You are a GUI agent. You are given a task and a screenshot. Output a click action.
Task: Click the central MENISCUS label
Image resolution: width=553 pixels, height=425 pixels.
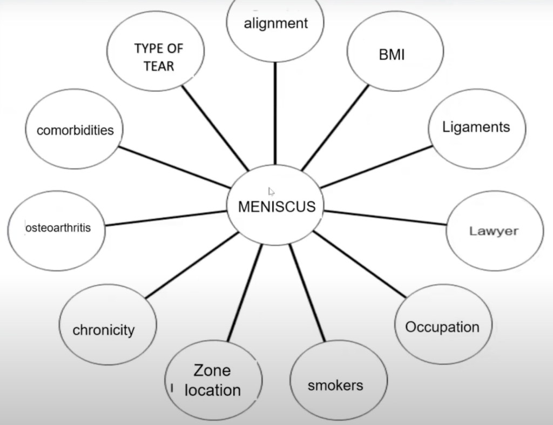[x=276, y=206]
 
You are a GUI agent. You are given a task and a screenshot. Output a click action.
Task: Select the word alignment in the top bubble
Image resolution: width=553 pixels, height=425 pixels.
[x=275, y=23]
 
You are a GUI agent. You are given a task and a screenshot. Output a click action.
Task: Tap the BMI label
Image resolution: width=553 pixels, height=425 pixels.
[x=392, y=55]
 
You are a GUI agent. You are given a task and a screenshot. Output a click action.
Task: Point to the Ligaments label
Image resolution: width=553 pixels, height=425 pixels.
[x=476, y=127]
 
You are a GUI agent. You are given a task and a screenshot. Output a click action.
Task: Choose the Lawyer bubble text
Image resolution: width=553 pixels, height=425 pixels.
[x=494, y=231]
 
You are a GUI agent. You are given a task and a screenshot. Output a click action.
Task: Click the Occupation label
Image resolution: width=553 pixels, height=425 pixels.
[x=442, y=327]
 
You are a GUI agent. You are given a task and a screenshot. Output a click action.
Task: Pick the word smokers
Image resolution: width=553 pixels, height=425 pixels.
[x=335, y=385]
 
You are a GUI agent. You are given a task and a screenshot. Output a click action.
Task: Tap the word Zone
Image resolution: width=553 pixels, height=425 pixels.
[x=212, y=370]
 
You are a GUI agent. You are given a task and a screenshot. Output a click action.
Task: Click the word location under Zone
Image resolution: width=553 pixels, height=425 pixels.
[x=212, y=390]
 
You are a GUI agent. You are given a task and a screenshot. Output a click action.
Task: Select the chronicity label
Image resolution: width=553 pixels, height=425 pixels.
[x=104, y=329]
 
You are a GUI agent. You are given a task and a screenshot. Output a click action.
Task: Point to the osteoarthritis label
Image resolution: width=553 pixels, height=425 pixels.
[x=58, y=228]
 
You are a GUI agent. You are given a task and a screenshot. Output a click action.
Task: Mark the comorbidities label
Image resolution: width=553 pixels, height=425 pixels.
[x=75, y=130]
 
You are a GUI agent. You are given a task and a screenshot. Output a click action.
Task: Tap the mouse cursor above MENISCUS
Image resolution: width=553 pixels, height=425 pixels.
[x=271, y=191]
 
